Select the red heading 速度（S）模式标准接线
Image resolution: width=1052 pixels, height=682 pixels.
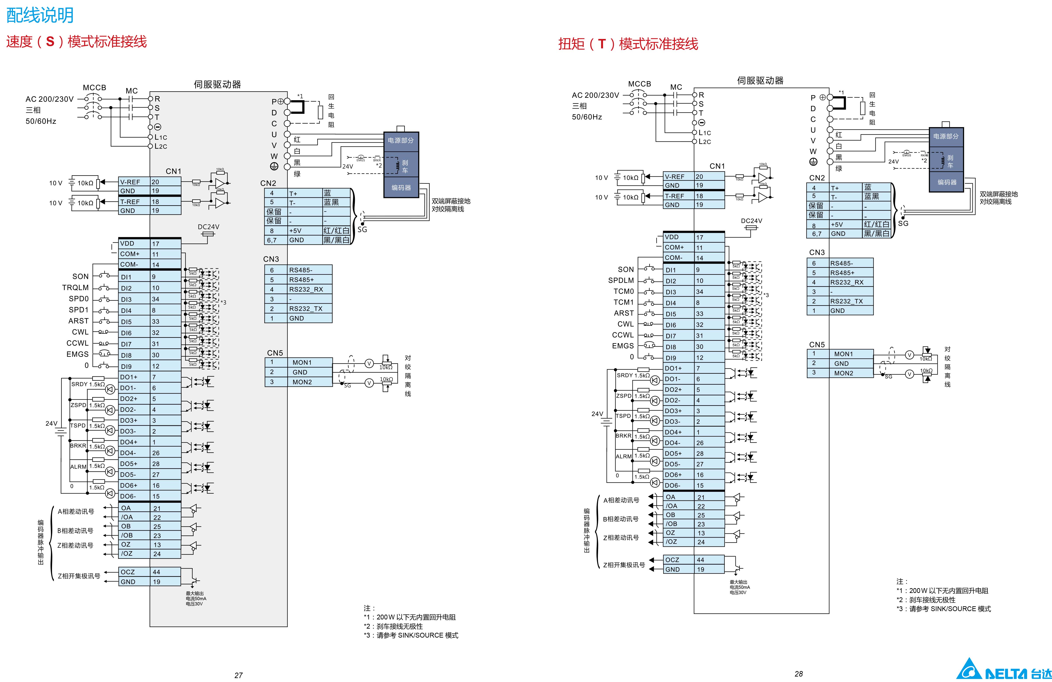point(76,42)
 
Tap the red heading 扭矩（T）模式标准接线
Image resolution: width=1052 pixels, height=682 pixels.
point(628,44)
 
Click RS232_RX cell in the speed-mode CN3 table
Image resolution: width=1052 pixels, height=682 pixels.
point(306,289)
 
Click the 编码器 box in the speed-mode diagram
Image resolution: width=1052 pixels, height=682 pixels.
point(401,188)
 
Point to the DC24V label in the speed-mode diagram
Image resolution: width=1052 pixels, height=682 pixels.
point(208,227)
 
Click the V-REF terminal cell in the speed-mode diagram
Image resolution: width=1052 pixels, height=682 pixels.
point(130,182)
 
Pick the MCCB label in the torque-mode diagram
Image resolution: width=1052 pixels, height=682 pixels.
point(639,84)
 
